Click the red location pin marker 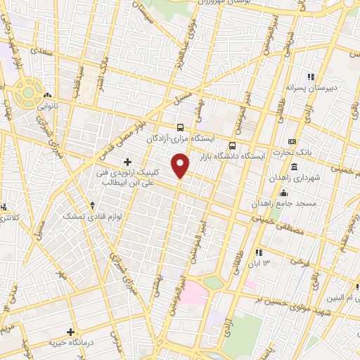tap(181, 166)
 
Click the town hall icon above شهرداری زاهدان tap(293, 167)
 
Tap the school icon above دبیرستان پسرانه tap(308, 77)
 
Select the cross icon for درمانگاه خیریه tap(70, 331)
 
